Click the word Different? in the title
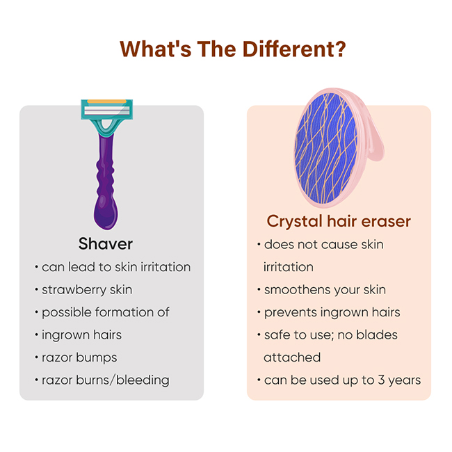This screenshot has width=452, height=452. click(x=294, y=49)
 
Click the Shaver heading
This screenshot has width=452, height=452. click(x=106, y=244)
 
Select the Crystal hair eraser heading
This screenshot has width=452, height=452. click(x=339, y=221)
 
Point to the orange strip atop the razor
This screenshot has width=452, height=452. click(x=107, y=102)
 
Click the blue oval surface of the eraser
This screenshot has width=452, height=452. click(x=326, y=147)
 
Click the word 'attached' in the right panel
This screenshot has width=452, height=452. click(x=292, y=357)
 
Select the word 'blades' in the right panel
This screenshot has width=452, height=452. click(x=377, y=335)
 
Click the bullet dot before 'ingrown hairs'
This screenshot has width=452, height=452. click(x=36, y=335)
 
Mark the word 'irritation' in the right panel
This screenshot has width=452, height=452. click(x=289, y=267)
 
